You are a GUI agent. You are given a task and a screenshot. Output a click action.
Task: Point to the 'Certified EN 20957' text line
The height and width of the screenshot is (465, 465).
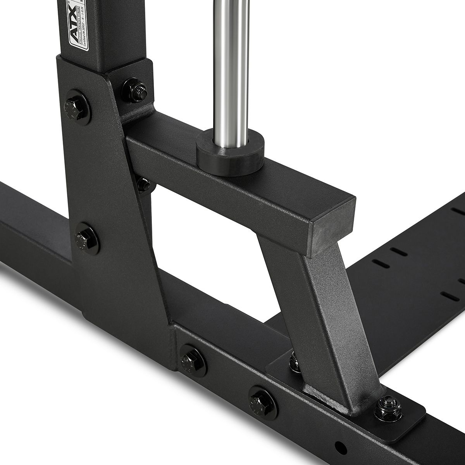pos(88,31)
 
